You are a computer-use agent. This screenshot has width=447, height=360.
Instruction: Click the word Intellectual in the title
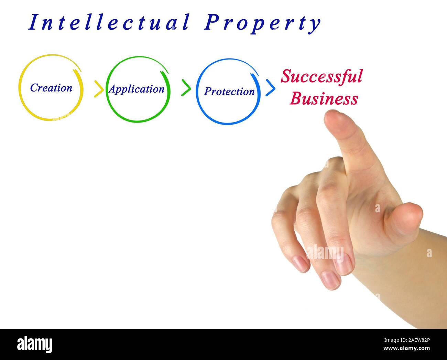click(109, 23)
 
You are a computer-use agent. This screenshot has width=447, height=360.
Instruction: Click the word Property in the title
click(262, 23)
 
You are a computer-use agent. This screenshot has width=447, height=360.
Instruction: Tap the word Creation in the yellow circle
click(51, 88)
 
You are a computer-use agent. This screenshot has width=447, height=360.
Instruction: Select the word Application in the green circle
click(137, 89)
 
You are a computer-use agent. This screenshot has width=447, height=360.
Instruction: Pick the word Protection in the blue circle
click(229, 91)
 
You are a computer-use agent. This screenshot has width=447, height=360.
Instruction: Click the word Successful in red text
click(321, 76)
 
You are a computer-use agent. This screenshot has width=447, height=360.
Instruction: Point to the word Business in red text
click(324, 99)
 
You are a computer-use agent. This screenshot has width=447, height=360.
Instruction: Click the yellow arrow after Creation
click(99, 89)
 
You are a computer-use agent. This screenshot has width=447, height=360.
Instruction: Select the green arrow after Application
click(186, 88)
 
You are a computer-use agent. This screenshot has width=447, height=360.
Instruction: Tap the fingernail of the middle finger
click(343, 263)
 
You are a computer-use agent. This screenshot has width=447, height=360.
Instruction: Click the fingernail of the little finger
click(301, 264)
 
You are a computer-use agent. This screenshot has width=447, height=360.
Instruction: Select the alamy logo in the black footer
click(34, 344)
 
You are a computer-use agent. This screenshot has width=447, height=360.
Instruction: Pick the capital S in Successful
click(286, 76)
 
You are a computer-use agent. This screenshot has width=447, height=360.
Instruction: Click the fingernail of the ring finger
click(329, 279)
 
